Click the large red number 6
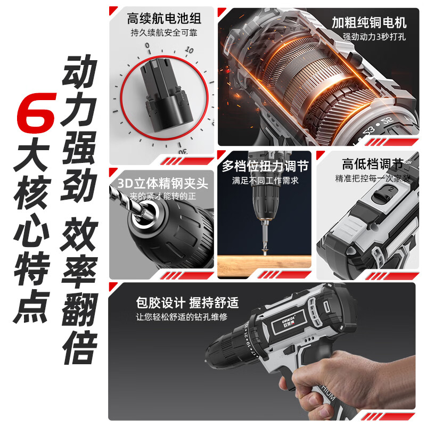[36, 113]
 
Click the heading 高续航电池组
[164, 19]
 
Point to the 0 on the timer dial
[148, 45]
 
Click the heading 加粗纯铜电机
[369, 22]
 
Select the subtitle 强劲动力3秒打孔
[374, 37]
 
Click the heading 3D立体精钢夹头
[162, 183]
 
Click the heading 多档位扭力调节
[265, 166]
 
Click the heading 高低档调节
[372, 164]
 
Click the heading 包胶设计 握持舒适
[187, 302]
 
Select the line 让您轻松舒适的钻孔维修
[182, 317]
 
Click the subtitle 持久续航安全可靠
[164, 33]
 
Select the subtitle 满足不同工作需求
[265, 181]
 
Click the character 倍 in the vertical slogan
[80, 348]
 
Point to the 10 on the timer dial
[189, 50]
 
